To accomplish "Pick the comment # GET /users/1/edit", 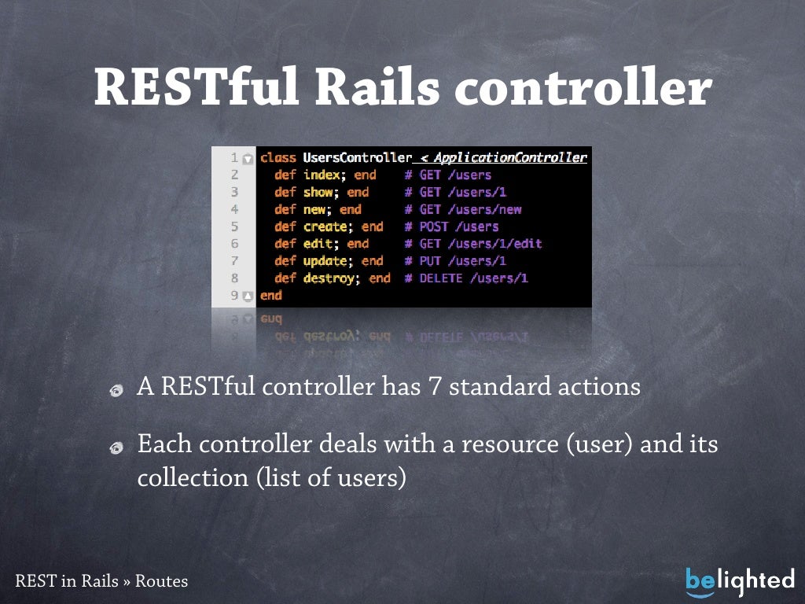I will click(473, 244).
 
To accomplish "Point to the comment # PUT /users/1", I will click(455, 261).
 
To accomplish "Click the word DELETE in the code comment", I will click(441, 278).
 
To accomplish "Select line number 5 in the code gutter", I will click(234, 226).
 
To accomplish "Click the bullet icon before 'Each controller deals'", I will click(116, 447).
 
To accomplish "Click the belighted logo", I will click(739, 581).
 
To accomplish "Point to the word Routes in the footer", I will click(161, 582).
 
